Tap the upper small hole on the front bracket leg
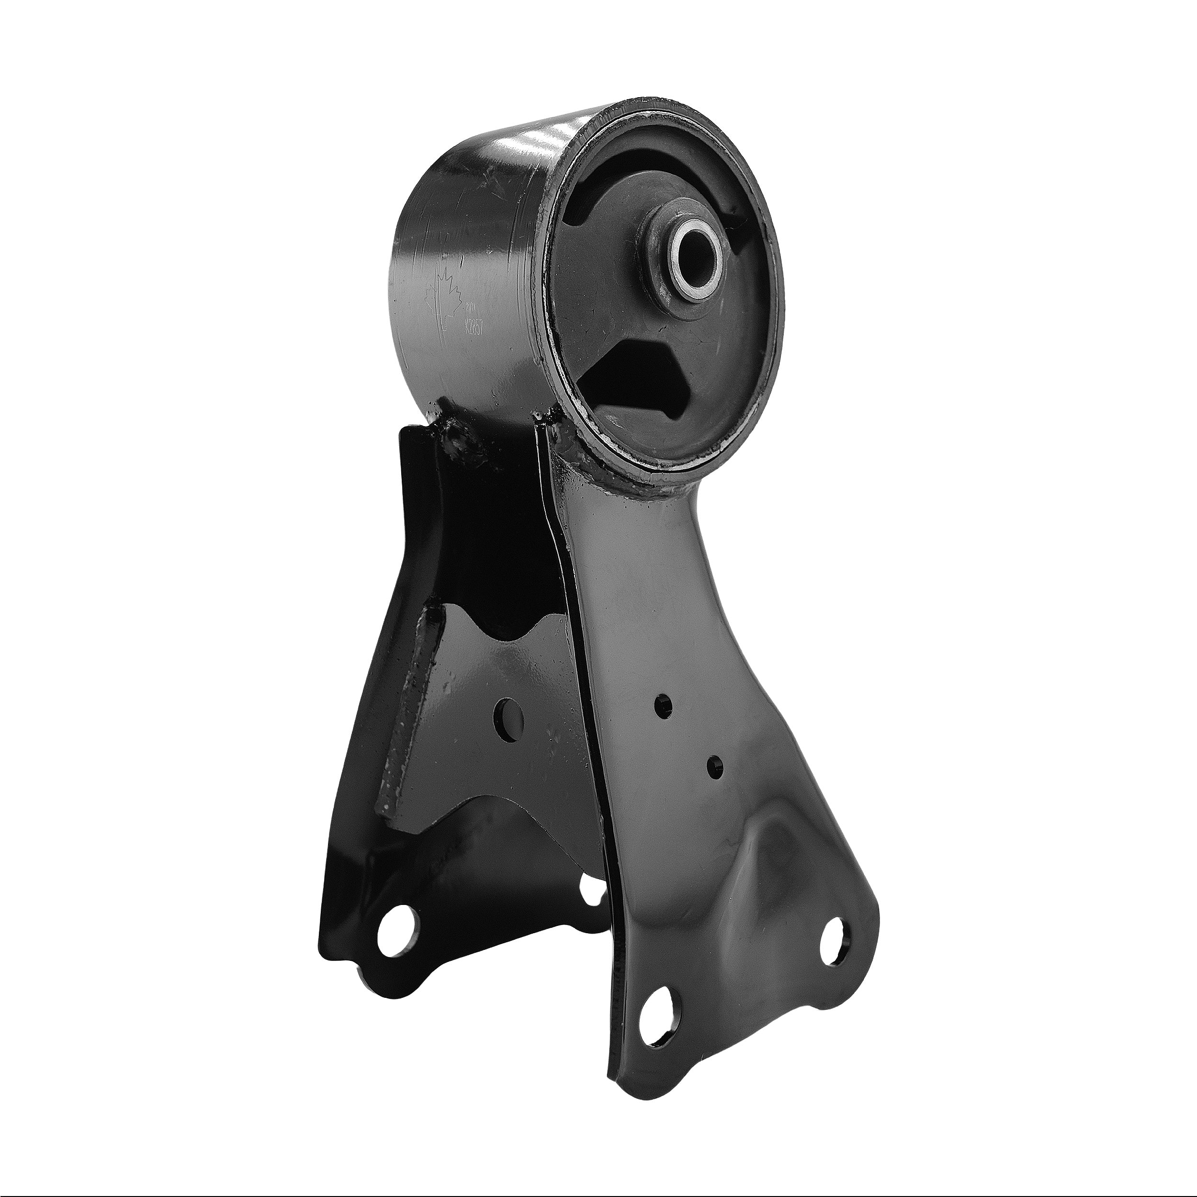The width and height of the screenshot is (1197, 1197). tap(664, 703)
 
